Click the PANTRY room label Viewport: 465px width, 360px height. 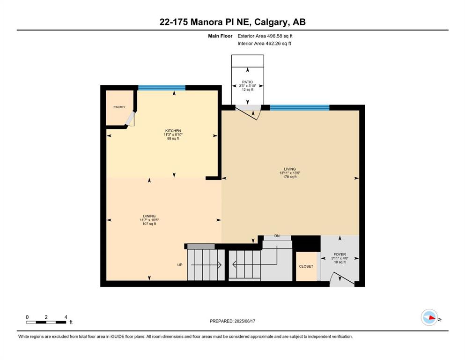pos(119,107)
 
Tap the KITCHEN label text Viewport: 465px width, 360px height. pos(173,131)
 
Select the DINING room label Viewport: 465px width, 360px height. pos(149,217)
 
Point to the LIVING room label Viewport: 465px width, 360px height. pos(290,169)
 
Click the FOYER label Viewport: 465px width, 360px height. pos(340,255)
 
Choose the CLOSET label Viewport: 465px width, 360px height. pos(306,267)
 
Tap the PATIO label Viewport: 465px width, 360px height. pos(247,82)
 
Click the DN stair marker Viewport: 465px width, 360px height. pos(277,236)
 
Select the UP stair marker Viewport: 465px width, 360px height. pos(180,265)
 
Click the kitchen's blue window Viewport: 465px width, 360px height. pos(162,88)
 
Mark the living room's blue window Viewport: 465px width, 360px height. pos(300,107)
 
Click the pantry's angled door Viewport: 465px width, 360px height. pos(130,119)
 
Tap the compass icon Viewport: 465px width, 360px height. pos(429,317)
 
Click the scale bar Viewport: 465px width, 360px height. pos(46,322)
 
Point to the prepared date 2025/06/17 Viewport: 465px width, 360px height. pos(244,321)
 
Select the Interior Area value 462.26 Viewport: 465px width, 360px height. pos(272,43)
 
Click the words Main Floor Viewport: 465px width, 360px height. pos(220,36)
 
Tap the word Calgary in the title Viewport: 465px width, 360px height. pos(272,22)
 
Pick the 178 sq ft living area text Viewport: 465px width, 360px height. pos(290,177)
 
